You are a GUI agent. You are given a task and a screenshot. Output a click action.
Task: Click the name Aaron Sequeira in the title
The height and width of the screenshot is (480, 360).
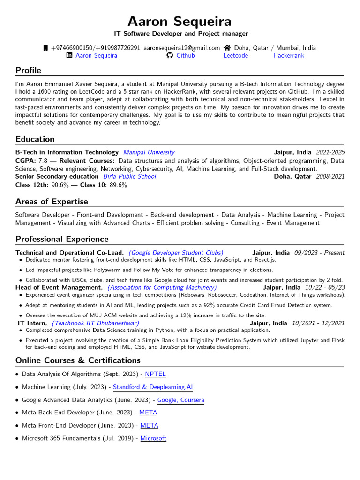point(180,22)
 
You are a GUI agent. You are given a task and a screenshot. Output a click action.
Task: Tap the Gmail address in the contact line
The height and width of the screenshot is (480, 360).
point(181,48)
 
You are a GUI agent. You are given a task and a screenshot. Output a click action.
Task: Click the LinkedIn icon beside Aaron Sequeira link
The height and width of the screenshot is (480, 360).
point(69,55)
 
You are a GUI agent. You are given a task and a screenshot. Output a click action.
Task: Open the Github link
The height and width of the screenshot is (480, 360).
point(185,55)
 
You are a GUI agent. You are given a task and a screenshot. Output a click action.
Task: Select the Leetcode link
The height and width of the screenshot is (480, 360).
point(235,55)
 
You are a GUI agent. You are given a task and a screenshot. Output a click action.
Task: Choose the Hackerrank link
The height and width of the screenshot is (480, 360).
point(288,55)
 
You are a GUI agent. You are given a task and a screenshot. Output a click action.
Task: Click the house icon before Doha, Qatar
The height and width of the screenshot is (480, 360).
point(227,48)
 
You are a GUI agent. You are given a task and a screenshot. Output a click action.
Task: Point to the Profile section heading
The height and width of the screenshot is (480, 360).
point(28,70)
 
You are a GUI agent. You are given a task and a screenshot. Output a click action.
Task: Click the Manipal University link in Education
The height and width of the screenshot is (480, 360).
point(149,152)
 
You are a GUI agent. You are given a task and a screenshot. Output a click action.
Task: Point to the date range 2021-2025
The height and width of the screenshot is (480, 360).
point(330,152)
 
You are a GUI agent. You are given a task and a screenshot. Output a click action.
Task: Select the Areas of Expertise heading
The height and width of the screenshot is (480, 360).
point(52,202)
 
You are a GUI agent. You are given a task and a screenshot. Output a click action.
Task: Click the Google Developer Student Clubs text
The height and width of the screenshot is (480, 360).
point(176,253)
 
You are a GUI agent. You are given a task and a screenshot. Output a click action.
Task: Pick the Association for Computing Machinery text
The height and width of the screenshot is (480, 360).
point(162,287)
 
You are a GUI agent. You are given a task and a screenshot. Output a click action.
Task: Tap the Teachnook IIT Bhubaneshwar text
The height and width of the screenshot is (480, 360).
point(95,323)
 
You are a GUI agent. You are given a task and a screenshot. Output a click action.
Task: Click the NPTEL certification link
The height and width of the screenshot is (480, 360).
point(155,374)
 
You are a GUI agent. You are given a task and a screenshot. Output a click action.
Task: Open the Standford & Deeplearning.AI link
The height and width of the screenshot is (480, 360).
point(153,387)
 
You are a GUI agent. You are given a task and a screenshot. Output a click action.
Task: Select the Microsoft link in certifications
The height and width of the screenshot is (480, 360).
point(153,438)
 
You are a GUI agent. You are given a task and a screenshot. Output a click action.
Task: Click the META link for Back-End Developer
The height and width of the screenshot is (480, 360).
point(148,412)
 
